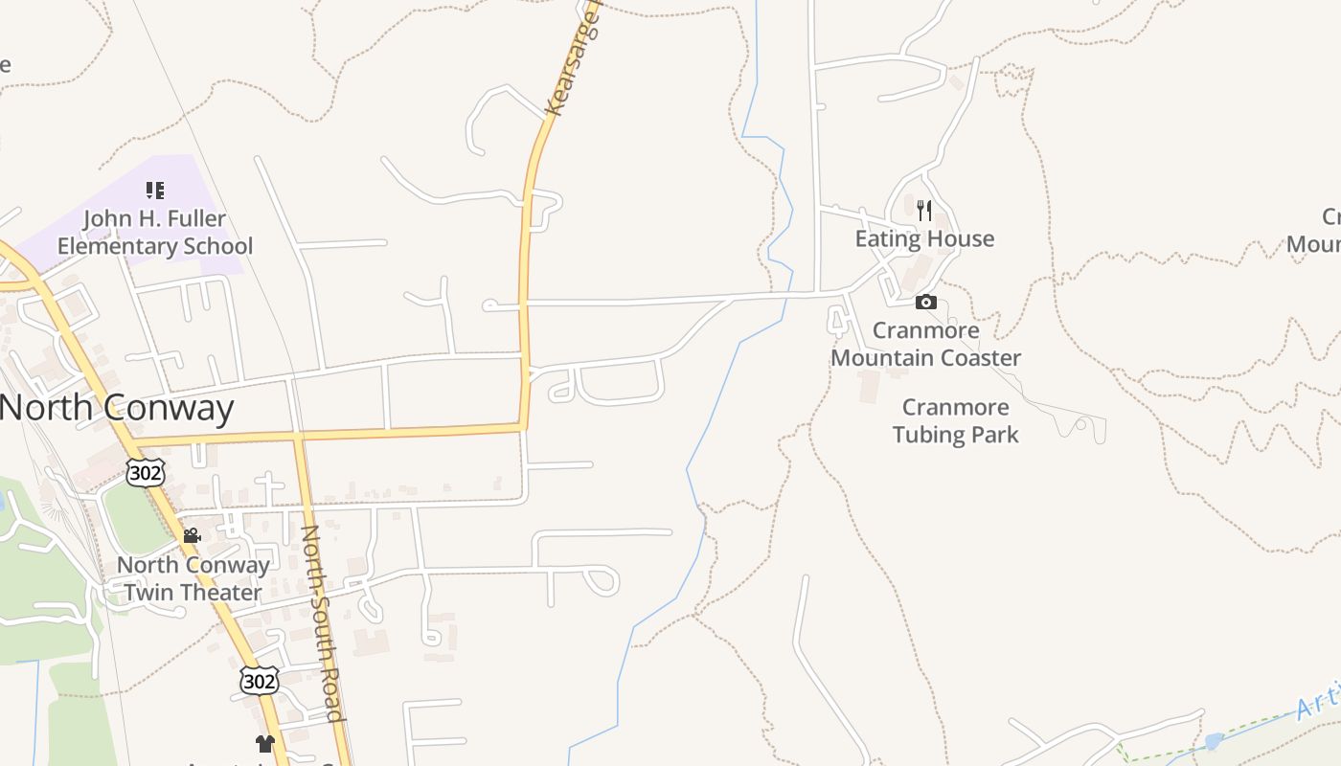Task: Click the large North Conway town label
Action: (117, 409)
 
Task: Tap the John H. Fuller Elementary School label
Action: (155, 233)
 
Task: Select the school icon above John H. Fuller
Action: (155, 191)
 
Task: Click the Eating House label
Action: (924, 239)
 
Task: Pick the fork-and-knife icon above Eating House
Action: (924, 210)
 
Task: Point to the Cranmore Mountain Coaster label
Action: (925, 345)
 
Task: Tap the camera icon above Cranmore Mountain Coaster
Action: (925, 303)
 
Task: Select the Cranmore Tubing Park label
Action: (955, 421)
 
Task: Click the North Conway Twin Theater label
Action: (193, 578)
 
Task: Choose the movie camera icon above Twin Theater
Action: (192, 535)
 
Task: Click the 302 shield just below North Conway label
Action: (146, 472)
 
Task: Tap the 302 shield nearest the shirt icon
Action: (259, 681)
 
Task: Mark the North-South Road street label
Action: (322, 622)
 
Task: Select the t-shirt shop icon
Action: (265, 743)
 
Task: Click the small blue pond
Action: (1214, 741)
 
